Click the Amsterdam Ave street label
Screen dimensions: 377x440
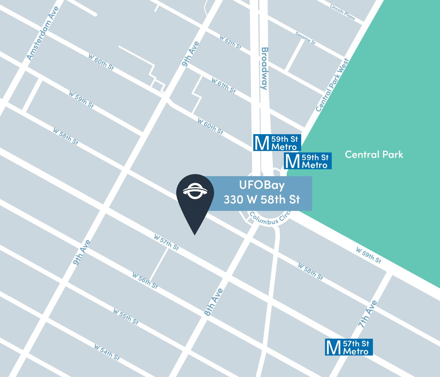[43, 33]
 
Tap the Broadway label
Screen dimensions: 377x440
[264, 68]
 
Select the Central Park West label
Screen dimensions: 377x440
[332, 85]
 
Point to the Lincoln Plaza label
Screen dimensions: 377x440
[342, 12]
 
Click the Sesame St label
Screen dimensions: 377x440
[305, 38]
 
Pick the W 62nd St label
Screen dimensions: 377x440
[230, 42]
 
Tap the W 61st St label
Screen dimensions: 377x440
[223, 85]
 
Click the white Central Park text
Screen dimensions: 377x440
[374, 154]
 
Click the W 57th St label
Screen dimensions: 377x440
[166, 242]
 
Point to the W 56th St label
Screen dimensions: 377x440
[145, 281]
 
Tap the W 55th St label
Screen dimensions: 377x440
[126, 316]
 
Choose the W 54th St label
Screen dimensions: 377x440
[107, 352]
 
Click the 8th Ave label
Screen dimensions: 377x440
[214, 302]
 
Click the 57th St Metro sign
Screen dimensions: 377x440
[349, 347]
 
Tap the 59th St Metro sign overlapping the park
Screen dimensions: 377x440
[307, 161]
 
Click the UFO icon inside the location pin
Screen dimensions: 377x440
[195, 190]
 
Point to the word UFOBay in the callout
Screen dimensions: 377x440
[262, 185]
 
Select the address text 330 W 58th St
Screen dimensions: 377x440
[262, 200]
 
